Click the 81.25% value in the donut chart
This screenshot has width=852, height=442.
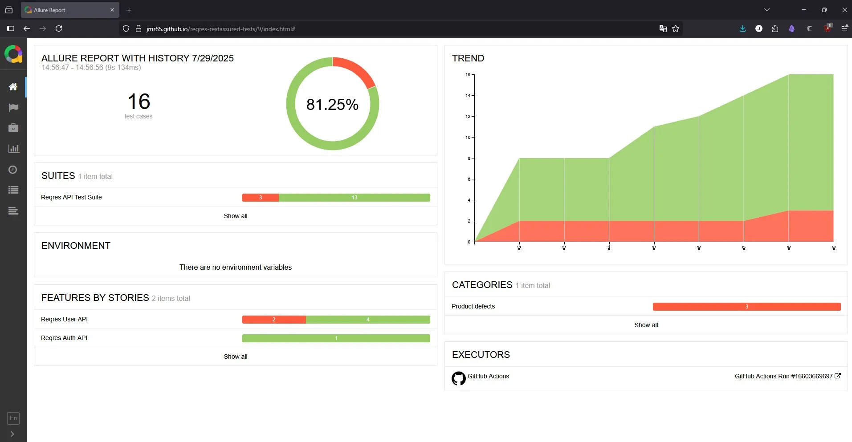[332, 105]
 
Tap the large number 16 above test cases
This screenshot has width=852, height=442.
[139, 101]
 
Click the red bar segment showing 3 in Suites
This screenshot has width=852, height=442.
[260, 198]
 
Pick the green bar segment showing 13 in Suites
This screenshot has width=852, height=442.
[354, 198]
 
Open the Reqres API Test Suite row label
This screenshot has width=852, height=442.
[71, 197]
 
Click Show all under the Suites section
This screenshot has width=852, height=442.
[235, 216]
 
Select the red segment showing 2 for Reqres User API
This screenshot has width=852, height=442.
[273, 320]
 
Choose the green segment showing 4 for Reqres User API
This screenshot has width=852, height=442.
[367, 320]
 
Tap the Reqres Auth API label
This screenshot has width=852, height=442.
[64, 338]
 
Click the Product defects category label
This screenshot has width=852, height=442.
[473, 306]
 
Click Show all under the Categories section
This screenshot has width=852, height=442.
[646, 325]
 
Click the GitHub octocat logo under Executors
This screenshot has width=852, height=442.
[458, 378]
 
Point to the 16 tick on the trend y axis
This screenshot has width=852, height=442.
[468, 74]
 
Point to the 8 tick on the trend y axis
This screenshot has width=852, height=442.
[469, 158]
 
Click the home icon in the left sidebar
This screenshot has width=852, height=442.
[13, 87]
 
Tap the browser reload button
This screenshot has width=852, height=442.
[59, 28]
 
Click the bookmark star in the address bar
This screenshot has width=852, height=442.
[676, 28]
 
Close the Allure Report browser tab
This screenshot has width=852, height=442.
[112, 10]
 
